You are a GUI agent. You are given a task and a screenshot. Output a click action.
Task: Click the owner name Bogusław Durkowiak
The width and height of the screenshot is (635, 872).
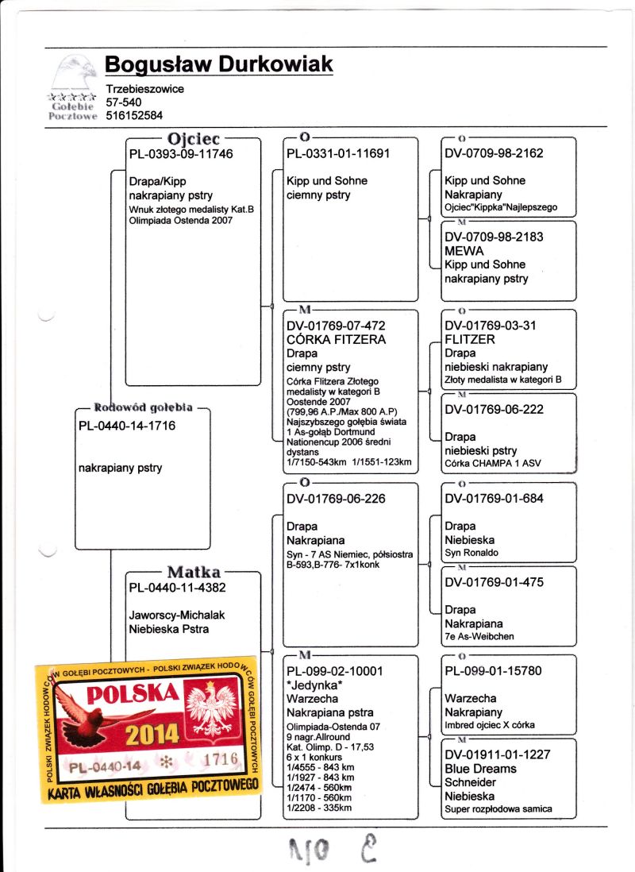(218, 65)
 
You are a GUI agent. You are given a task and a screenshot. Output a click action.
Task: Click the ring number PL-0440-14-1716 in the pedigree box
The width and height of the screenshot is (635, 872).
(127, 426)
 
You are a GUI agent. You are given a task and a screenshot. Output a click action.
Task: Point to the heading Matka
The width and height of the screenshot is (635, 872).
(193, 573)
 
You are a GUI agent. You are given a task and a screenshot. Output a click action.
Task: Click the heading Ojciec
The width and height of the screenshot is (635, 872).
(193, 138)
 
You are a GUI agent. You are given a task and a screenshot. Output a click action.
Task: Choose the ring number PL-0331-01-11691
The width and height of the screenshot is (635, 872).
(338, 154)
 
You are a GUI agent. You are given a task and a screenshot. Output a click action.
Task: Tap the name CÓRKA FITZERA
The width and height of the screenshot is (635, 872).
(336, 339)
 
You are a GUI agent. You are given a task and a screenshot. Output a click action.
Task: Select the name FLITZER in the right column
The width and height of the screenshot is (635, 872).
(470, 339)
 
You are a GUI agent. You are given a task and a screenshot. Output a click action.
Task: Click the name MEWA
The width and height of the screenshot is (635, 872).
(464, 251)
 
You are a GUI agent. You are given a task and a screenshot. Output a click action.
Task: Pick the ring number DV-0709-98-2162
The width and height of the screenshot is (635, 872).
(494, 154)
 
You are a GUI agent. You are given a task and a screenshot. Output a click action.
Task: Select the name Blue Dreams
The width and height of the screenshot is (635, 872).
(481, 769)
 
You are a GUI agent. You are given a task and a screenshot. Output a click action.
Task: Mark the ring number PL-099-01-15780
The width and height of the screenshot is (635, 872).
(494, 671)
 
